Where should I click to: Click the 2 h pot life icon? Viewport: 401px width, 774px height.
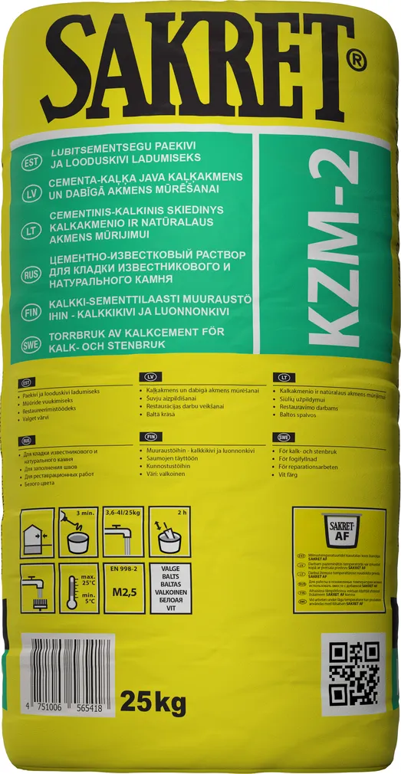click(169, 533)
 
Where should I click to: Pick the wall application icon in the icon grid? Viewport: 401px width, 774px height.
click(37, 533)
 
